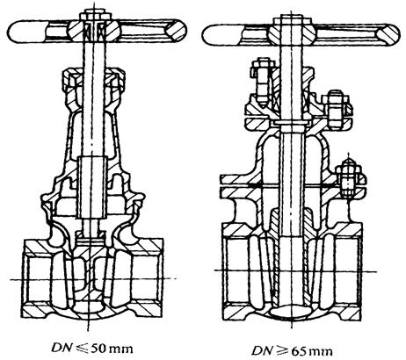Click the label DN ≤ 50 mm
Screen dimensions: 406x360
point(92,348)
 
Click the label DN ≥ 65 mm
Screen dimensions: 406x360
point(292,350)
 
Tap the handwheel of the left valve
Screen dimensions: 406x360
point(97,31)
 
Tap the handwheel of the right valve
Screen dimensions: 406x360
point(301,33)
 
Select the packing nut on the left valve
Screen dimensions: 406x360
point(94,80)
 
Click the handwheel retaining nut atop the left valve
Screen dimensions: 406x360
point(94,17)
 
